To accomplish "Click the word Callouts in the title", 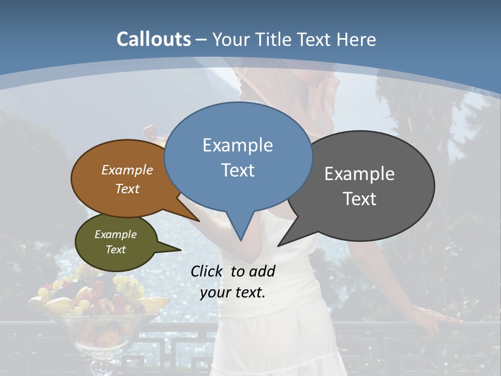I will [153, 39].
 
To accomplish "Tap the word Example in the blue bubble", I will [237, 145].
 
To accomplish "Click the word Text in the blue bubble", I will [237, 170].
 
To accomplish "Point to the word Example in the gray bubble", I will [359, 174].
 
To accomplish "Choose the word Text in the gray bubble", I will [360, 199].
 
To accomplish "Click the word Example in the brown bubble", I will [127, 170].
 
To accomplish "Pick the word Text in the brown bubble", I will [127, 189].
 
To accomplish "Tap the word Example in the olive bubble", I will [115, 234].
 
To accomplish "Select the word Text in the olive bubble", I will [115, 250].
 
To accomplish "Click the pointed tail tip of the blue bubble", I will [241, 240].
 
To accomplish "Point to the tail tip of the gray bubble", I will [278, 245].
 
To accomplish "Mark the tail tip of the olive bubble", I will [181, 250].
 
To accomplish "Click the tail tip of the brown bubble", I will [199, 221].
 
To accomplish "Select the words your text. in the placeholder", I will [233, 292].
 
